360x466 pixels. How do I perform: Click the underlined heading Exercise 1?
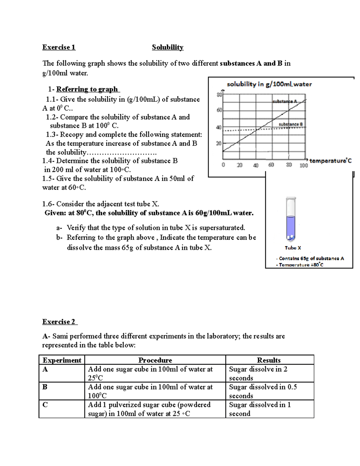(59, 47)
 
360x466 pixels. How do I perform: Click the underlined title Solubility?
(167, 47)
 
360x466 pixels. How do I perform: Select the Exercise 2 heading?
(59, 322)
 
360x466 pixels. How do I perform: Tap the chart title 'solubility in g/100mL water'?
(269, 84)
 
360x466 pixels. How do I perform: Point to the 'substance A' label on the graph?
(285, 101)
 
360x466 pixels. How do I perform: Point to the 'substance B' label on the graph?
(291, 124)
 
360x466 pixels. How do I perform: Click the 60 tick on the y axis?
(219, 110)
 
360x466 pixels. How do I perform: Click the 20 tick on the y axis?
(219, 143)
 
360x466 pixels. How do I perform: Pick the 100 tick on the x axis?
(304, 165)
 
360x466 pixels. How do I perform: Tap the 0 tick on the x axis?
(223, 165)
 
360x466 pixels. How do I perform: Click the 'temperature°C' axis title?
(330, 161)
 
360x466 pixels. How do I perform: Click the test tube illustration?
(291, 219)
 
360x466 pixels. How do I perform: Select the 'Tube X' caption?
(293, 248)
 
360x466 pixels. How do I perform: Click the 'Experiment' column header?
(62, 360)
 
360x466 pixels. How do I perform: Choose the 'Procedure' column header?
(155, 360)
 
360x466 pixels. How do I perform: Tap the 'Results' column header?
(269, 360)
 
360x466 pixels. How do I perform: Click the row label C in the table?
(45, 405)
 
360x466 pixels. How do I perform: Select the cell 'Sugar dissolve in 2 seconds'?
(258, 373)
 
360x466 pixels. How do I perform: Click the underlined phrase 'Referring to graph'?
(87, 89)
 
